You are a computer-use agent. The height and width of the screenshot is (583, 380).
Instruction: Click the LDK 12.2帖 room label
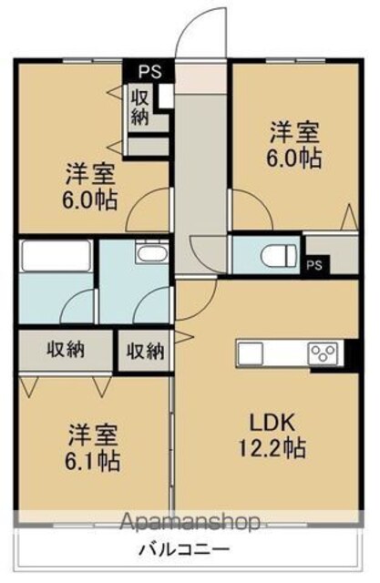pyautogui.click(x=272, y=435)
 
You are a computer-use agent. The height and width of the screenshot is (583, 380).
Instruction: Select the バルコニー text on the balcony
pyautogui.click(x=185, y=548)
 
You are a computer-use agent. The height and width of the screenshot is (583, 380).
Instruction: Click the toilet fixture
pyautogui.click(x=279, y=255)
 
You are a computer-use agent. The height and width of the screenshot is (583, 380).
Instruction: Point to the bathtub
pyautogui.click(x=56, y=255)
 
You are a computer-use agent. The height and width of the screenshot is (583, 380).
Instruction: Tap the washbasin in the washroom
pyautogui.click(x=151, y=253)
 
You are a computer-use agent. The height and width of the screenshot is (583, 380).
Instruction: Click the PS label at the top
pyautogui.click(x=150, y=71)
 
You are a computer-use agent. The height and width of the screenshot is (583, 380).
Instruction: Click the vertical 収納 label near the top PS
pyautogui.click(x=139, y=107)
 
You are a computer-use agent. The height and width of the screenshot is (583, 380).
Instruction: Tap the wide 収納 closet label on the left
pyautogui.click(x=66, y=350)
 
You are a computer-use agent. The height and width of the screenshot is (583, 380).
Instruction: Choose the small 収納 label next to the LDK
pyautogui.click(x=146, y=351)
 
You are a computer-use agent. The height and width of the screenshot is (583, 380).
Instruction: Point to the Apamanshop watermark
pyautogui.click(x=190, y=521)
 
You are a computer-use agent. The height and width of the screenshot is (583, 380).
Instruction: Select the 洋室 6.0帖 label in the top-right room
pyautogui.click(x=293, y=146)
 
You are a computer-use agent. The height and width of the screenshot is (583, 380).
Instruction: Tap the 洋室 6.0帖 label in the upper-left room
pyautogui.click(x=90, y=186)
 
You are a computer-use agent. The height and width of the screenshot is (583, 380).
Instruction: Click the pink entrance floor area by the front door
pyautogui.click(x=200, y=78)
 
